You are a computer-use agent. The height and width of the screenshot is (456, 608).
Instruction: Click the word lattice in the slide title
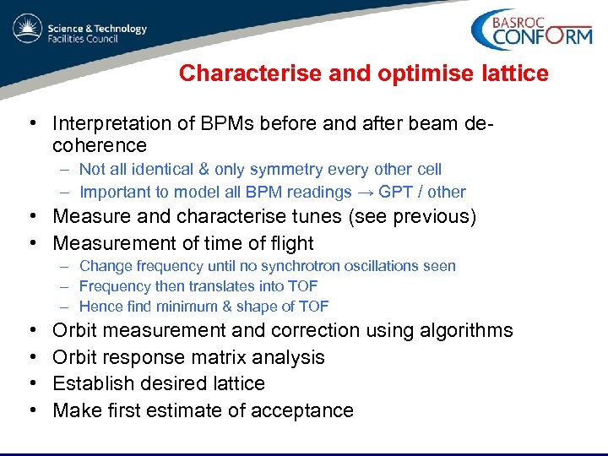517,73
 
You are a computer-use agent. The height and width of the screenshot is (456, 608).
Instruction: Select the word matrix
216,357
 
